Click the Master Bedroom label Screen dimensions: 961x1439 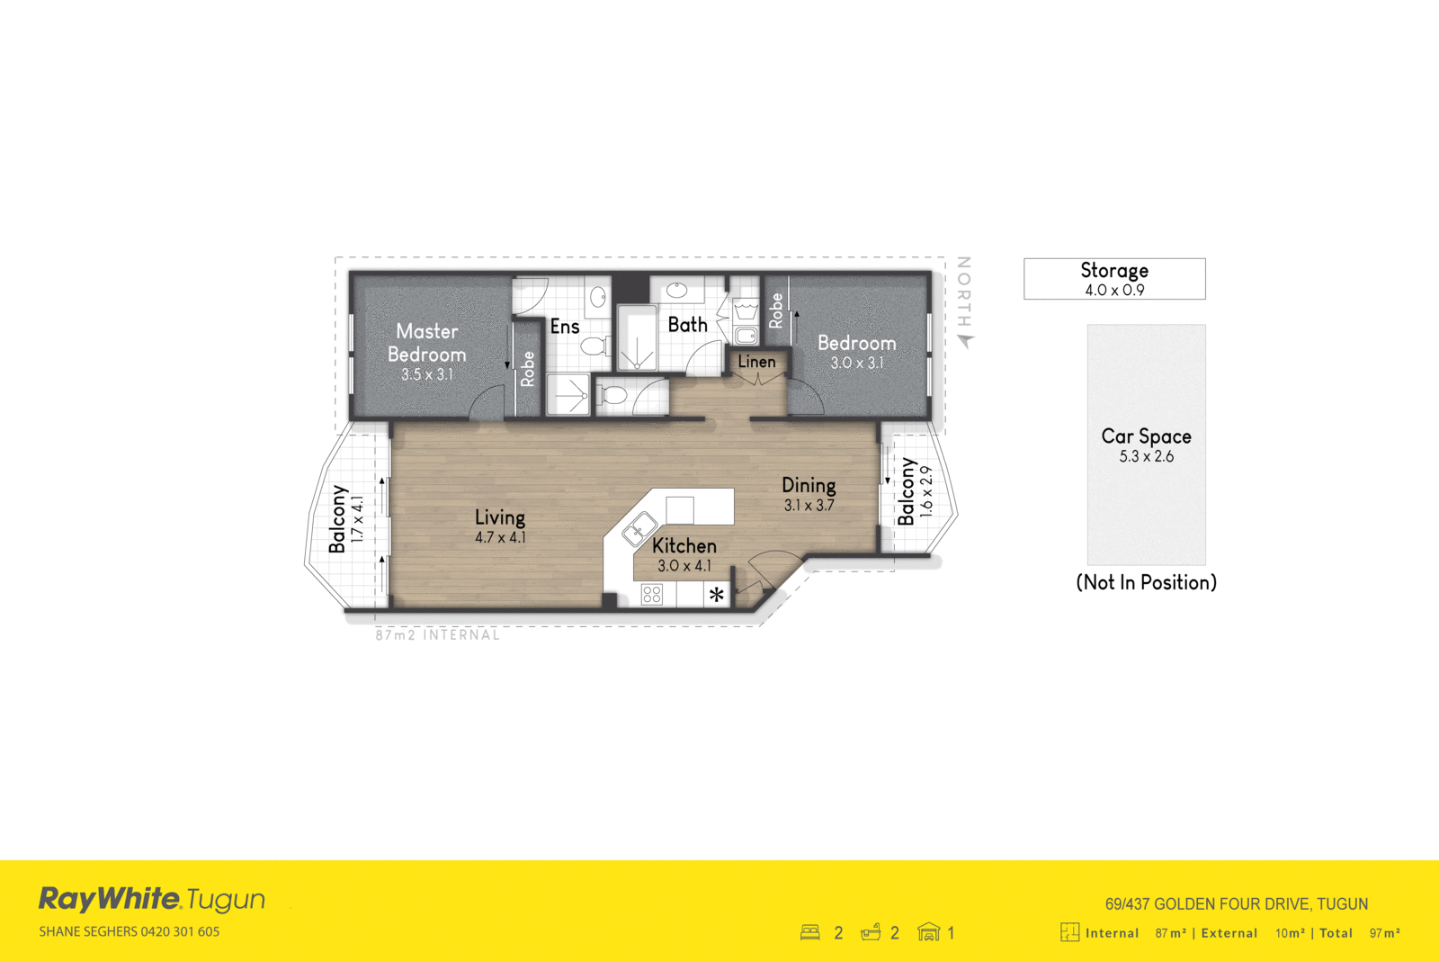tap(427, 343)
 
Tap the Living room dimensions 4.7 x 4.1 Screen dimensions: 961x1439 tap(500, 538)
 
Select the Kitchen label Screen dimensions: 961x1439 tap(684, 546)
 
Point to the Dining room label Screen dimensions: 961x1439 tap(809, 486)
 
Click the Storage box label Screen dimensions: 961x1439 tap(1114, 271)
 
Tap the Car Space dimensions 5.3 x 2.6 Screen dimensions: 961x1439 tap(1146, 457)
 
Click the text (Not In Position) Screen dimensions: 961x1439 tap(1146, 583)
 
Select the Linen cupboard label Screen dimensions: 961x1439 tap(756, 362)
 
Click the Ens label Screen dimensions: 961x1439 tap(565, 327)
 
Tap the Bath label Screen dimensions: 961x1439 tap(687, 325)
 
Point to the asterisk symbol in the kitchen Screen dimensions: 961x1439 tap(717, 595)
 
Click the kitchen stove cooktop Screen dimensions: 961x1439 tap(652, 595)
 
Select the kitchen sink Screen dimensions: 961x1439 tap(639, 528)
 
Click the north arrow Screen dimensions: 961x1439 tap(966, 341)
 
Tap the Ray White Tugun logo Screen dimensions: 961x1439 tap(151, 899)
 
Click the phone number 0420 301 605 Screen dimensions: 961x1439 tap(180, 932)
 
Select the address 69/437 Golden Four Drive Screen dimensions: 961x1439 tap(1236, 904)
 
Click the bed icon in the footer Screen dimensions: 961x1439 tap(810, 933)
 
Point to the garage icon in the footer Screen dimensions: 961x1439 tap(928, 933)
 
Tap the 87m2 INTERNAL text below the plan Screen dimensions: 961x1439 tap(437, 635)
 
